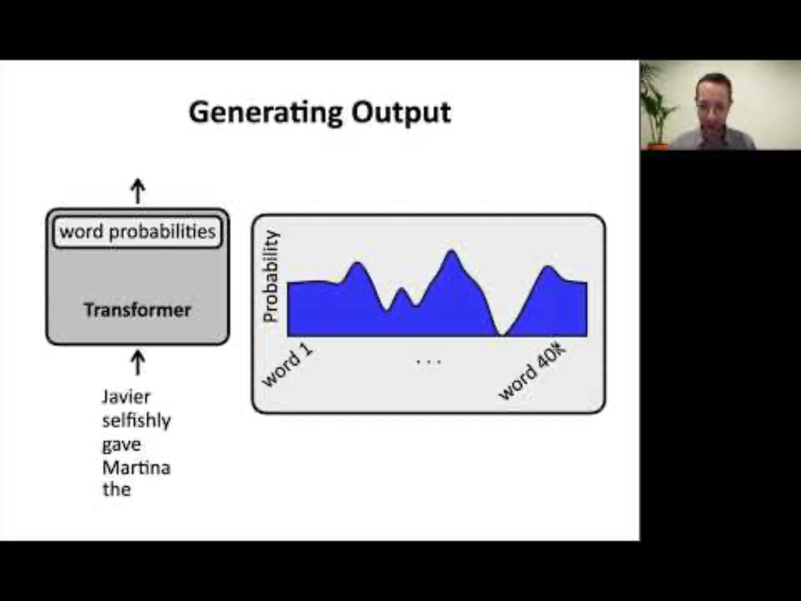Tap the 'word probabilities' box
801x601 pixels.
137,232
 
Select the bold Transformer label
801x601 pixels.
137,310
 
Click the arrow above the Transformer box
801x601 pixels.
138,191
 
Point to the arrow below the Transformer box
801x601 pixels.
138,363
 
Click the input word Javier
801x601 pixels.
126,397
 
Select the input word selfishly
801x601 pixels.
137,421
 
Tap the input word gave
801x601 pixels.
122,445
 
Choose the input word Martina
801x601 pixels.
137,468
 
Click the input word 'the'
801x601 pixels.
117,490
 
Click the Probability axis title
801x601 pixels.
271,276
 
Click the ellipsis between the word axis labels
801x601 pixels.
429,362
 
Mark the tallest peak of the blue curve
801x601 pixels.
452,251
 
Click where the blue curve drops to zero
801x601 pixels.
503,335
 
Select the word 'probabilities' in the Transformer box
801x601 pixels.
162,232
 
